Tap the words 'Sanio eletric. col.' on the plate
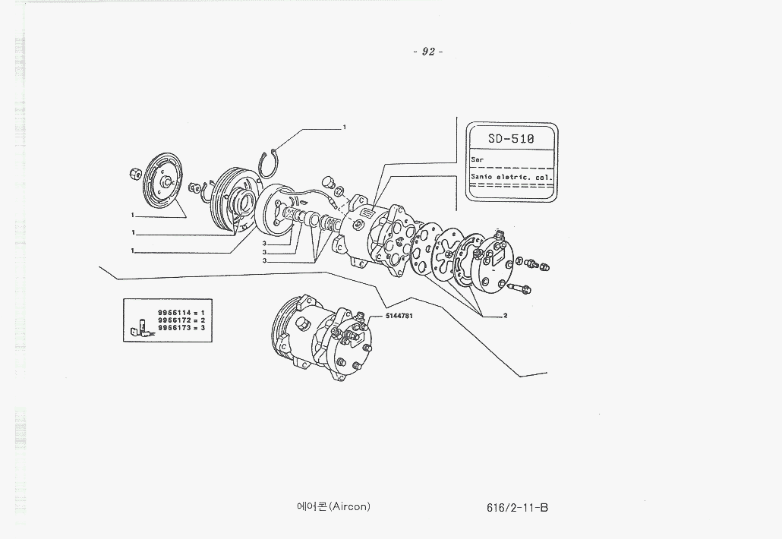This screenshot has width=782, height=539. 511,177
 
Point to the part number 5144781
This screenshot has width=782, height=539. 400,314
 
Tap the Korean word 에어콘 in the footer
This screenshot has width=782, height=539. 311,506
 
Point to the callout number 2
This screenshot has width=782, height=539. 505,315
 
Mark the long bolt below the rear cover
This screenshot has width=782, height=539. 519,288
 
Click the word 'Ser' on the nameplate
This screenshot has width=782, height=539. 477,160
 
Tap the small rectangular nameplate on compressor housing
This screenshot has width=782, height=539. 363,215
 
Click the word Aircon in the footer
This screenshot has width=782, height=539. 349,506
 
